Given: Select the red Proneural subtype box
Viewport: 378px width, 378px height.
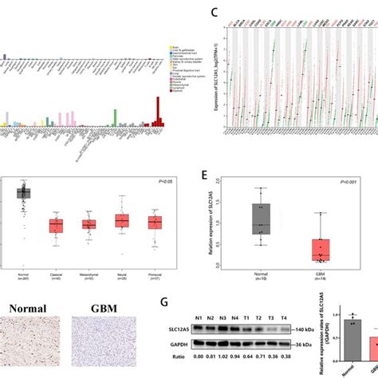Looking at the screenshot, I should click(155, 222).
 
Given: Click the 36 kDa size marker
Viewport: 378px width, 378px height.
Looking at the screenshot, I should click(300, 345).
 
